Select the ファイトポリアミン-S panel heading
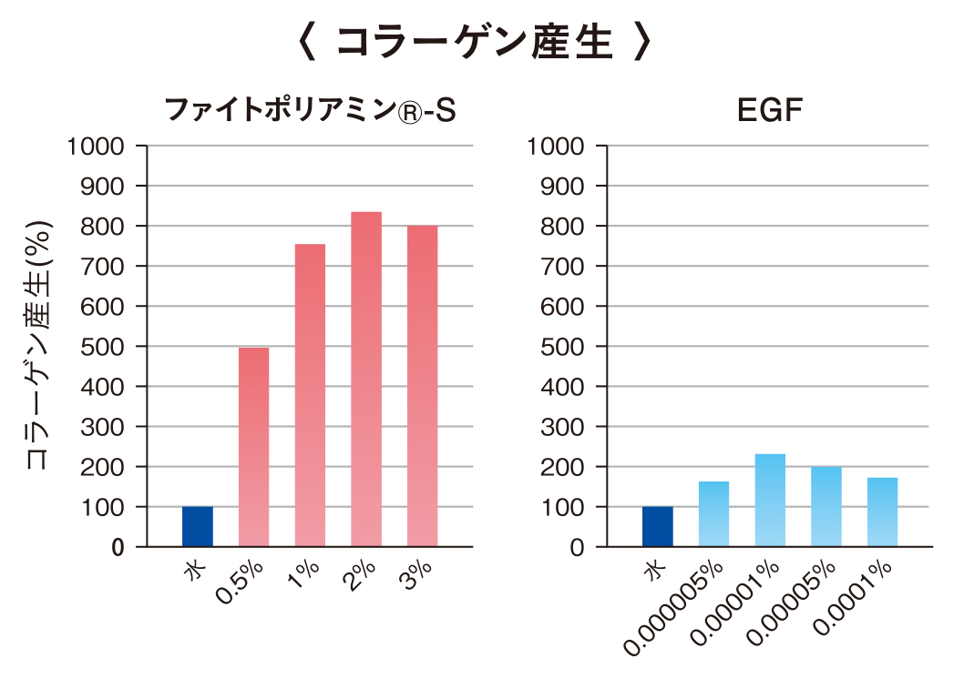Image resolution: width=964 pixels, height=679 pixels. tap(309, 111)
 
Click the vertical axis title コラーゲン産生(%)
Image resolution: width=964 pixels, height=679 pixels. tap(37, 346)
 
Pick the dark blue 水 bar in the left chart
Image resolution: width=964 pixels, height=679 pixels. tap(198, 526)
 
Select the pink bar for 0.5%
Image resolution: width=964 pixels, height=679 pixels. tap(253, 446)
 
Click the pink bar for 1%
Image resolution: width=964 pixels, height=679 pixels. tap(310, 395)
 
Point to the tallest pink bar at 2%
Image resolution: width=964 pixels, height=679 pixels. tap(366, 379)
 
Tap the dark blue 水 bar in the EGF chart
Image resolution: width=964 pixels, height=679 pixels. tap(657, 526)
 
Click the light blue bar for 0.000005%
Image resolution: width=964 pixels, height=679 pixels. tap(713, 513)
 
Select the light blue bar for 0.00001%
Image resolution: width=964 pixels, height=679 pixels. tap(770, 500)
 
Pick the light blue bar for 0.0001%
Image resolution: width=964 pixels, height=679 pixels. tap(883, 512)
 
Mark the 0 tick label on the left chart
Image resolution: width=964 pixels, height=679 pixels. tap(118, 547)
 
